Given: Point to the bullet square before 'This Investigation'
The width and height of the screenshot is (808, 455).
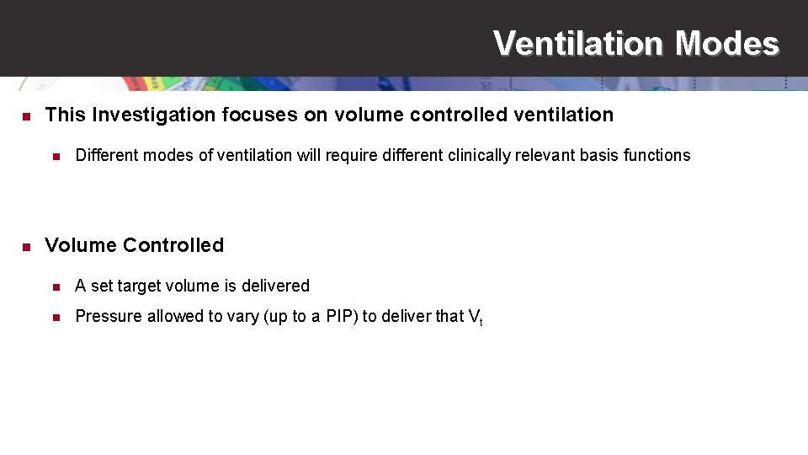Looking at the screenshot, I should [x=26, y=115].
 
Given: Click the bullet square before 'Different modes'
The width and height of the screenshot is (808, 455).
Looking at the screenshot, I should [x=56, y=156].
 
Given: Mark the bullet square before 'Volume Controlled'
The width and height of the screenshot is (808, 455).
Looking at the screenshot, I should [x=26, y=247].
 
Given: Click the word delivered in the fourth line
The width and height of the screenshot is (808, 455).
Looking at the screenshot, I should [x=276, y=286].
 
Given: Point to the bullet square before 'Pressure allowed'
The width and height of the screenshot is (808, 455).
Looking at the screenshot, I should [x=56, y=318].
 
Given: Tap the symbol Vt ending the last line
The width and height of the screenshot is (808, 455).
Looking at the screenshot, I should [x=475, y=318].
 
